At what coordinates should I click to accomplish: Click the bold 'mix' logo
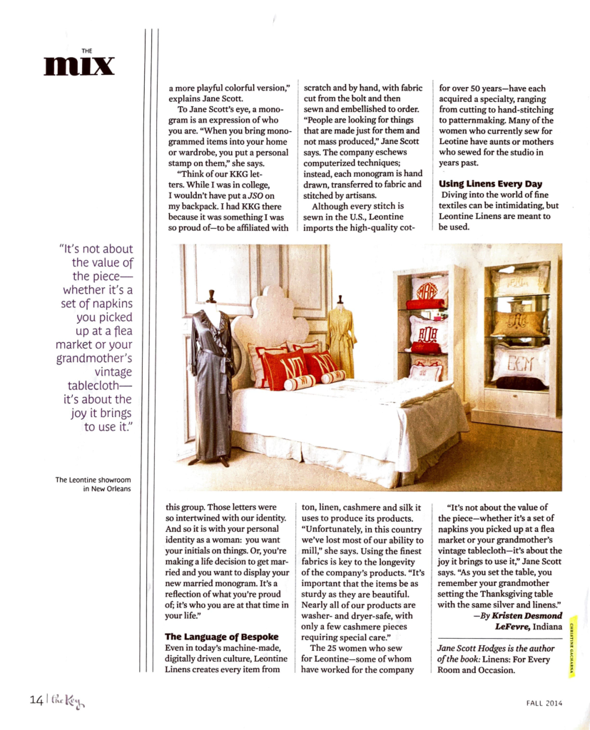(x=78, y=65)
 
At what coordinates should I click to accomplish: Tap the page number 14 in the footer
(x=36, y=700)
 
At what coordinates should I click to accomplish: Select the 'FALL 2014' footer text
(x=539, y=701)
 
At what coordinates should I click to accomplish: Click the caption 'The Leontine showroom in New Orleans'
(x=93, y=485)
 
